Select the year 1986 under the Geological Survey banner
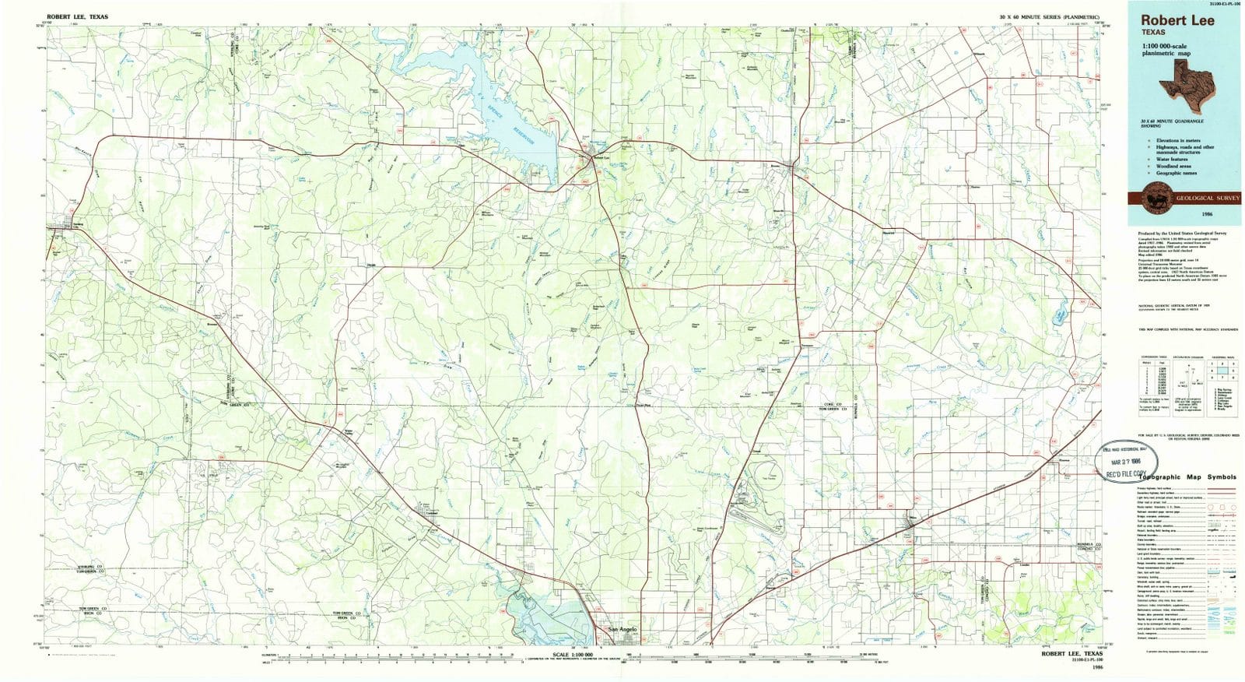coord(1185,213)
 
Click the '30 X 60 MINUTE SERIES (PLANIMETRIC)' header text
coord(1050,16)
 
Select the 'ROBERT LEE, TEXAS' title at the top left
coord(78,16)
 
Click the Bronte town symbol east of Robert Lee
coord(791,166)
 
